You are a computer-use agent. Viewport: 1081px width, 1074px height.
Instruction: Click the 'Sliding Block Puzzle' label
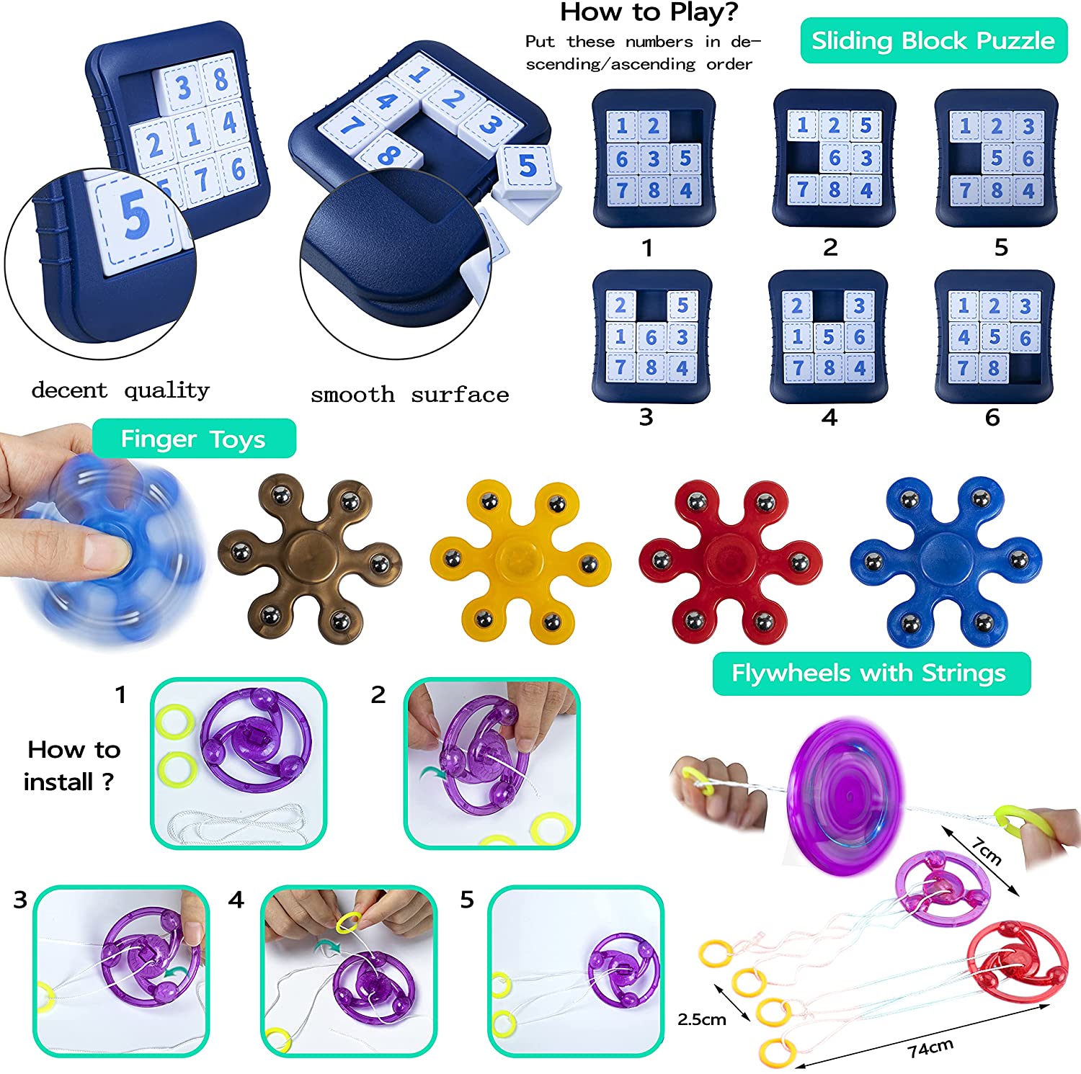pos(933,41)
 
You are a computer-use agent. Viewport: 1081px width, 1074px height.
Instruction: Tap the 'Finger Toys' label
pos(194,439)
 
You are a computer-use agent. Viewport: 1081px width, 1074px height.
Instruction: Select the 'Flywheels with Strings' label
pos(871,674)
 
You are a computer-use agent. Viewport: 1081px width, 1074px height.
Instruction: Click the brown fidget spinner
pos(311,558)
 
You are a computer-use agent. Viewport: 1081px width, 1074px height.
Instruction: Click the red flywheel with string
pos(1016,961)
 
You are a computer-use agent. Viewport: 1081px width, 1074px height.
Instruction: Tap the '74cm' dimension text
pos(930,1048)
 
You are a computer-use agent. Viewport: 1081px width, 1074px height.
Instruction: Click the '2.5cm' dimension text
pos(701,1019)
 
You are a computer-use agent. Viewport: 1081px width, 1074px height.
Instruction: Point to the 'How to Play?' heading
pos(649,12)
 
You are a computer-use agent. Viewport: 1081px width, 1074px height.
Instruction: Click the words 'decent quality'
pos(120,390)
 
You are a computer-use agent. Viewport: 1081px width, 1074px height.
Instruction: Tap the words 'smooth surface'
pos(409,395)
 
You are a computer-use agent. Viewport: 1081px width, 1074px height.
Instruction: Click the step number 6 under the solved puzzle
pos(992,417)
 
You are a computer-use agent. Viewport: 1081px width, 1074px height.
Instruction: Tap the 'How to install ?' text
pos(72,766)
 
